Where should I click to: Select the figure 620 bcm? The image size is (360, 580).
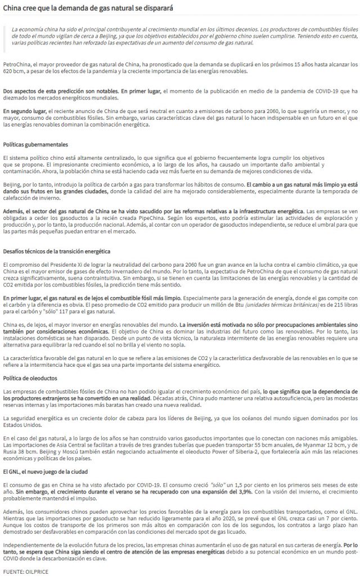click(13, 72)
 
